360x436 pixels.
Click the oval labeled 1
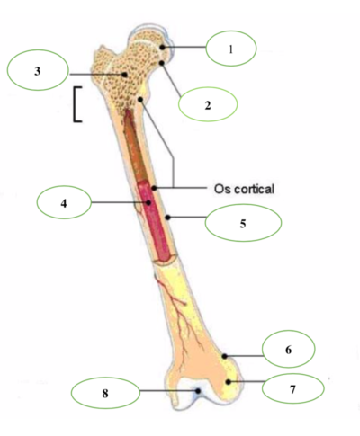pos(231,49)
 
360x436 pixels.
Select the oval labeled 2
pos(208,104)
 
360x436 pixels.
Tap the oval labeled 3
pos(38,70)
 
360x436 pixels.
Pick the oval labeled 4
pos(64,202)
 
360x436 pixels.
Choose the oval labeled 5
pos(243,223)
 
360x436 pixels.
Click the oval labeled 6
pos(289,349)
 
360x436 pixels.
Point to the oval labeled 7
pos(293,388)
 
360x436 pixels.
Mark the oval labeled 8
pos(105,393)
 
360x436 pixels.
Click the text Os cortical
pos(244,189)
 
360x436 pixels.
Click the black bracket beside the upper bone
pos(74,104)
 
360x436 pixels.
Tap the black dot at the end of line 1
pos(162,48)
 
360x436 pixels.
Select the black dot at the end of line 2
pos(162,63)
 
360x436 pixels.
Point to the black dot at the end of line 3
pos(124,75)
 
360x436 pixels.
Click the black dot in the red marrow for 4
pos(148,202)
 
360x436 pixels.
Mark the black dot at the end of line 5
pos(168,218)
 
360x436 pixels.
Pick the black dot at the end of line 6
pos(224,356)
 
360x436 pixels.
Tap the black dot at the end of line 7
pos(229,382)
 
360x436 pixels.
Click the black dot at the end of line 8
pos(198,391)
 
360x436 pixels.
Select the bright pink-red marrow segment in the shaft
pos(155,222)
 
